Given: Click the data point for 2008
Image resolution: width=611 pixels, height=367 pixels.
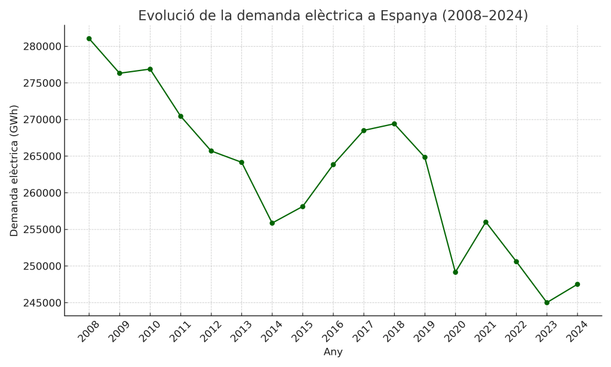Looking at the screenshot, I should coord(89,39).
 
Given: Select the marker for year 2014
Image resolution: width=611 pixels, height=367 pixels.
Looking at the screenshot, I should coord(272,223).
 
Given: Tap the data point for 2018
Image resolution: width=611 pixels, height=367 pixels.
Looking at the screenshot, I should coord(394,124).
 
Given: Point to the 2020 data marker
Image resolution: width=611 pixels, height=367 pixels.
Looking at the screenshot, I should coord(455,272).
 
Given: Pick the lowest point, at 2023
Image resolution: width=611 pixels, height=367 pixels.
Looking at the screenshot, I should coord(546,302).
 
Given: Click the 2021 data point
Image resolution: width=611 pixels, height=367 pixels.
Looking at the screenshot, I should coord(486,222).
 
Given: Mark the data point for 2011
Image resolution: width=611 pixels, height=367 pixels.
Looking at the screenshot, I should coord(180,116).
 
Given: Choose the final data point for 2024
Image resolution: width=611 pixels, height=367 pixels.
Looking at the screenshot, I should coord(577,285).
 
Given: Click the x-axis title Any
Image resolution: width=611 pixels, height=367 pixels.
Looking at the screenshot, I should coord(333,352).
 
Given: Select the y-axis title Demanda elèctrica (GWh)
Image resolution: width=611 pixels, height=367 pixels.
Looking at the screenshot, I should coord(14,170).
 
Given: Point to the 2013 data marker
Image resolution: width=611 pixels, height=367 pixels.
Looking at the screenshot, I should coord(241,162).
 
